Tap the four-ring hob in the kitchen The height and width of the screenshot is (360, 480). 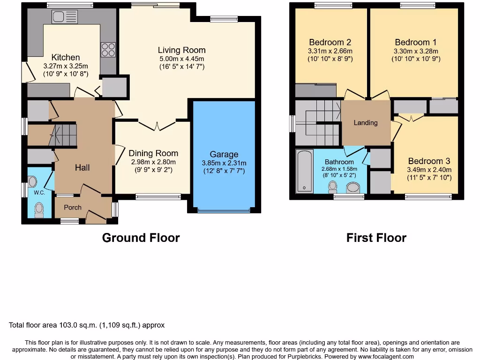click(108, 50)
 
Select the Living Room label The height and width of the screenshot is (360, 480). click(181, 50)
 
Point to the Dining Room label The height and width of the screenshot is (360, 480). click(153, 153)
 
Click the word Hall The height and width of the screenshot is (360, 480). click(82, 167)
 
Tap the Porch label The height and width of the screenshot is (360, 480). click(73, 207)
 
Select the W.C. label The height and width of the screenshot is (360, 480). click(38, 192)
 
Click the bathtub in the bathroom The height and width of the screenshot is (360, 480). click(305, 171)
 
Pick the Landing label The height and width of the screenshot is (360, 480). click(366, 123)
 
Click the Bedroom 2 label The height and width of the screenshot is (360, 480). click(330, 42)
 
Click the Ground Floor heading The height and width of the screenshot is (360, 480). click(141, 238)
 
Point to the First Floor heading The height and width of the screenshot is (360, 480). click(376, 238)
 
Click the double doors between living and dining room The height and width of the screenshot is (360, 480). click(157, 125)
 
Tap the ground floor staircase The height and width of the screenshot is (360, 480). click(63, 135)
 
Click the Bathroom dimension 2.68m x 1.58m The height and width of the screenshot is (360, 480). click(339, 169)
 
